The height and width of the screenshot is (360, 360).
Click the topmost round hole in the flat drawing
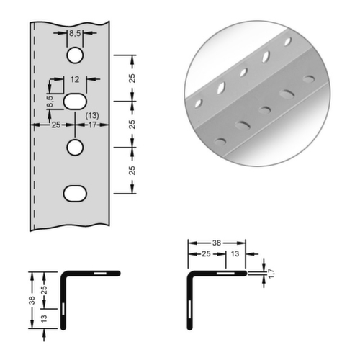pyautogui.click(x=75, y=55)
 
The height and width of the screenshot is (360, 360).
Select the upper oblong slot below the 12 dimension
pyautogui.click(x=75, y=102)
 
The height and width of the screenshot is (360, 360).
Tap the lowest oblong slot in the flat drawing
pyautogui.click(x=75, y=194)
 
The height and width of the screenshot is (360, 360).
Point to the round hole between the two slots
pyautogui.click(x=75, y=148)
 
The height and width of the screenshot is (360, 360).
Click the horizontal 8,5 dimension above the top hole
pyautogui.click(x=75, y=34)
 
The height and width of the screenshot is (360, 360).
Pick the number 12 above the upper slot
pyautogui.click(x=75, y=79)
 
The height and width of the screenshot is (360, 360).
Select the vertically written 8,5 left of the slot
pyautogui.click(x=50, y=102)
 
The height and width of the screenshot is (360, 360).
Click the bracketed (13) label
pyautogui.click(x=92, y=116)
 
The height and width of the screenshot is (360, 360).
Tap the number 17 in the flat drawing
pyautogui.click(x=92, y=125)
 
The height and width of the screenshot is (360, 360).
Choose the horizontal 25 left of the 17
pyautogui.click(x=56, y=125)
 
